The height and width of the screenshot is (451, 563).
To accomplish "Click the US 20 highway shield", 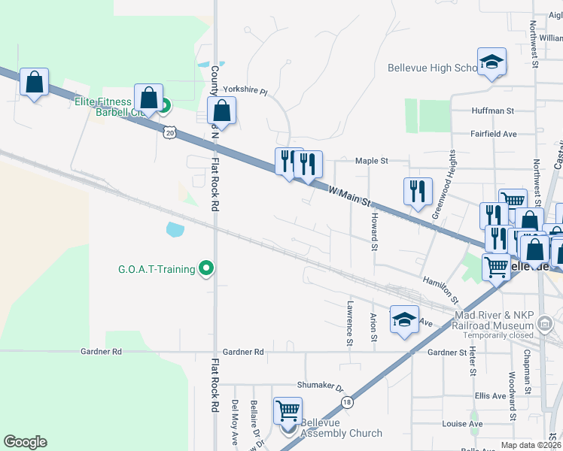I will tap(169, 132).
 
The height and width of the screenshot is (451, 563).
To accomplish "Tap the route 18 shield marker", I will tap(346, 403).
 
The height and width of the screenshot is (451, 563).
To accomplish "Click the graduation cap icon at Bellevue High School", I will tap(491, 63).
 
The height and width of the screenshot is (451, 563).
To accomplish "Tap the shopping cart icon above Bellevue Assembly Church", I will tap(288, 412).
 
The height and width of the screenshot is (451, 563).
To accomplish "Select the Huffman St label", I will tap(492, 110).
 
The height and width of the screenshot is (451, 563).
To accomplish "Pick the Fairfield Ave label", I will tap(493, 134).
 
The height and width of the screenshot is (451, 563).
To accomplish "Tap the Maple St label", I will tap(371, 161).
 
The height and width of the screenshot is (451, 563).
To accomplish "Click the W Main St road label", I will tap(350, 197).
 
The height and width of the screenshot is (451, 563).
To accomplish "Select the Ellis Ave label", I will tap(490, 395).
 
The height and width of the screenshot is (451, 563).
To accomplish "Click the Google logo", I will tap(25, 442).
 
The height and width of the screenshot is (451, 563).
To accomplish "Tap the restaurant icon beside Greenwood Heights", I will tap(418, 192).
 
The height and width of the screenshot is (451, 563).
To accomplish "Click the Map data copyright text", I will tap(530, 445).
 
